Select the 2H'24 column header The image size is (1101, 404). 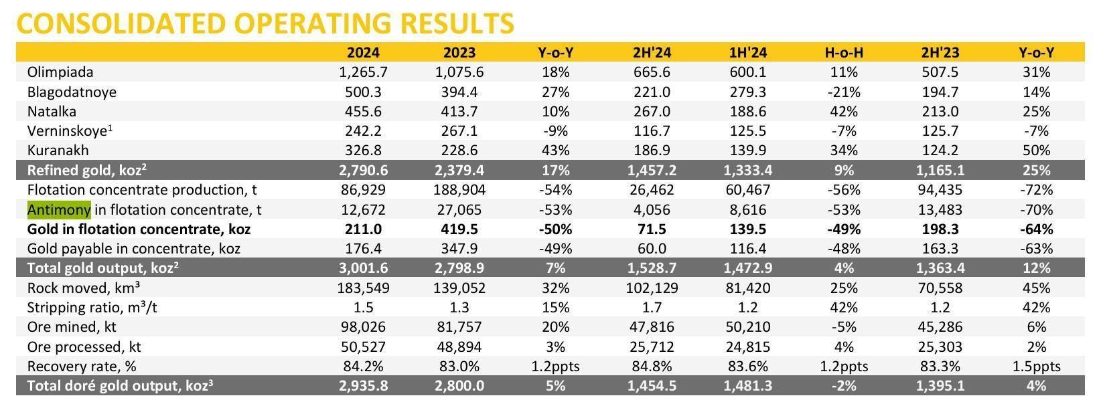652,53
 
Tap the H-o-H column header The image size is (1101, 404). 844,53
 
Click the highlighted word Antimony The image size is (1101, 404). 59,210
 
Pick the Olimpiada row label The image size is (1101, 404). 60,72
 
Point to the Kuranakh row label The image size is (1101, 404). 58,150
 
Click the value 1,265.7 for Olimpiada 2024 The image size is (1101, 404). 364,72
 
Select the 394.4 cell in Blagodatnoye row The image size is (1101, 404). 459,92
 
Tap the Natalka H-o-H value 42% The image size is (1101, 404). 844,112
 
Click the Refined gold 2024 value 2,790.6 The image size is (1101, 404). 364,171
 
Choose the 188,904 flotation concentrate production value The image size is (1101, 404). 459,190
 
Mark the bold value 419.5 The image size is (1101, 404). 459,229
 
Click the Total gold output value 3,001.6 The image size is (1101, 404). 364,269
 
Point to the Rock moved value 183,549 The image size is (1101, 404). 364,288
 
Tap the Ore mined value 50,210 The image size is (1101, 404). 747,328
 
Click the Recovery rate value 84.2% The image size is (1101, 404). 364,367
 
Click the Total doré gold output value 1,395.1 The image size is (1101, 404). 941,386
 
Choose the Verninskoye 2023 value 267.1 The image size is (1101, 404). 459,131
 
